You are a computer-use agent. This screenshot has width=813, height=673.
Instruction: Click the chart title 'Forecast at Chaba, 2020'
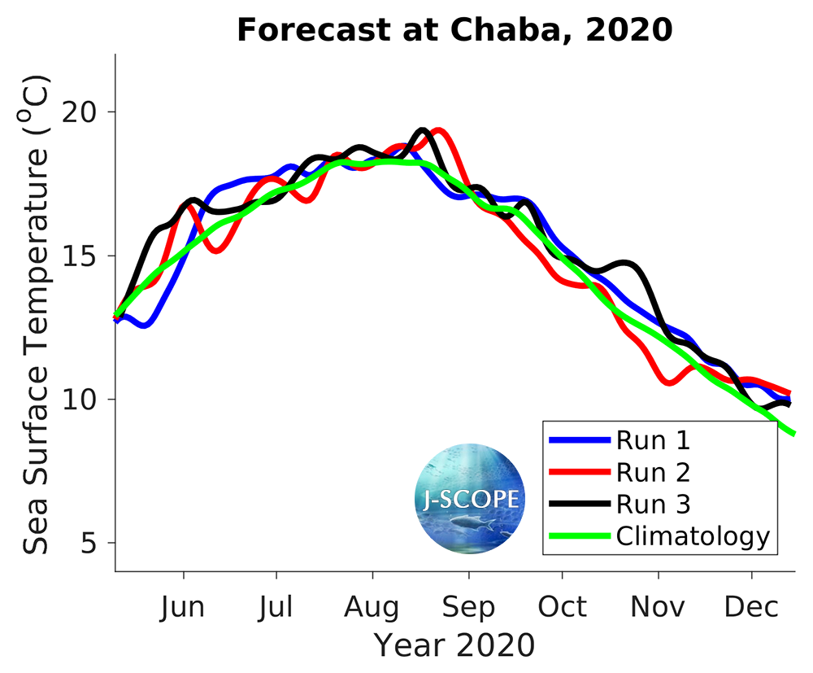(454, 31)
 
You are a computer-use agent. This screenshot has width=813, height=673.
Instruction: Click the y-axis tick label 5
(98, 543)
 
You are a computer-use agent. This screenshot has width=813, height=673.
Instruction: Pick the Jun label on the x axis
(184, 608)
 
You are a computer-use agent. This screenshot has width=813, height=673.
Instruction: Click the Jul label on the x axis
(276, 608)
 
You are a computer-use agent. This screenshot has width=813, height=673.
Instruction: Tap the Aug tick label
(372, 608)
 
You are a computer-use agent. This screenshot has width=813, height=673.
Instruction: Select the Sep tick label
(468, 608)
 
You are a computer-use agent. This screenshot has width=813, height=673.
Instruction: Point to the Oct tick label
(562, 608)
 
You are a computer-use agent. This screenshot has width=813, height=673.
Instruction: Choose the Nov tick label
(658, 608)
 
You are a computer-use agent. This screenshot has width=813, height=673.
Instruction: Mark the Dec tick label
(751, 608)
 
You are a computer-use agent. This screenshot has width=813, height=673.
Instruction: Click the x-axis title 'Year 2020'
(454, 645)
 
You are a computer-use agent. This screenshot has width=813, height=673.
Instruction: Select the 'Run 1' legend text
(653, 440)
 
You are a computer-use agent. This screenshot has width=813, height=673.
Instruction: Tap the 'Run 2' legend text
(653, 472)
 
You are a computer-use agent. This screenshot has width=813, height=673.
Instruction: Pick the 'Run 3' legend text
(653, 505)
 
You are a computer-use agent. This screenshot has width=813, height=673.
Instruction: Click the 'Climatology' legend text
(692, 536)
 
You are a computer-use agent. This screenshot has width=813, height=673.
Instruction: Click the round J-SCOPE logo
(469, 499)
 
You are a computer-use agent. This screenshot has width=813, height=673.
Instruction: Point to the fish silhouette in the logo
(474, 521)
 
